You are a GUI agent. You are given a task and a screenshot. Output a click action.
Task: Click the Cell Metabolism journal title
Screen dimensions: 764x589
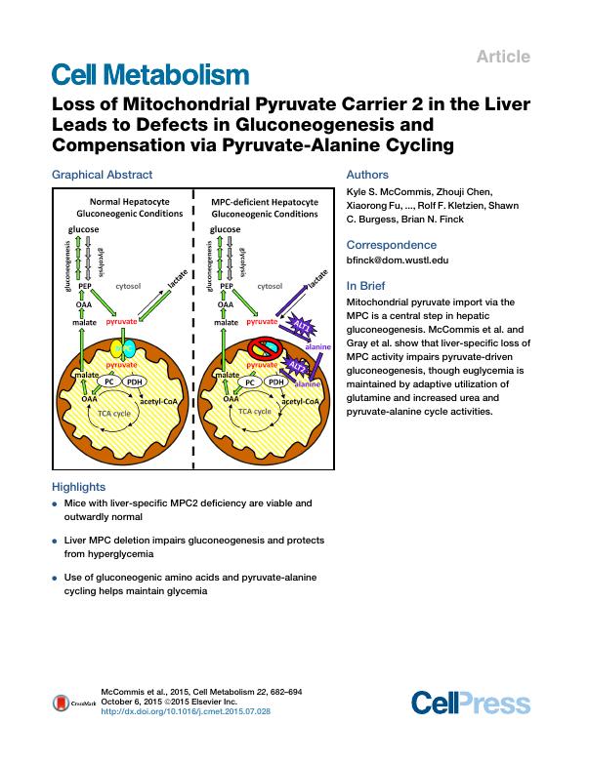click(147, 74)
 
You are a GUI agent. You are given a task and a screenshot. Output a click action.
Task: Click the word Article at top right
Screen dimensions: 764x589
click(503, 57)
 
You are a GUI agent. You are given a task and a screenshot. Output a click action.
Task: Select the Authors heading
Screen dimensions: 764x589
click(367, 175)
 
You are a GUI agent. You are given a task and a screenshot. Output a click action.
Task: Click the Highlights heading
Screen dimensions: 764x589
click(78, 487)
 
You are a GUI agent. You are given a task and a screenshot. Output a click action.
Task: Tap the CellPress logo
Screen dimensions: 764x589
click(471, 703)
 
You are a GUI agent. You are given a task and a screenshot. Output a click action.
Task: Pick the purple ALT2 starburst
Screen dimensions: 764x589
click(302, 365)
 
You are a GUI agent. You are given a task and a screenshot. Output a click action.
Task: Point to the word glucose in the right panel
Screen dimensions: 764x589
click(226, 229)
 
